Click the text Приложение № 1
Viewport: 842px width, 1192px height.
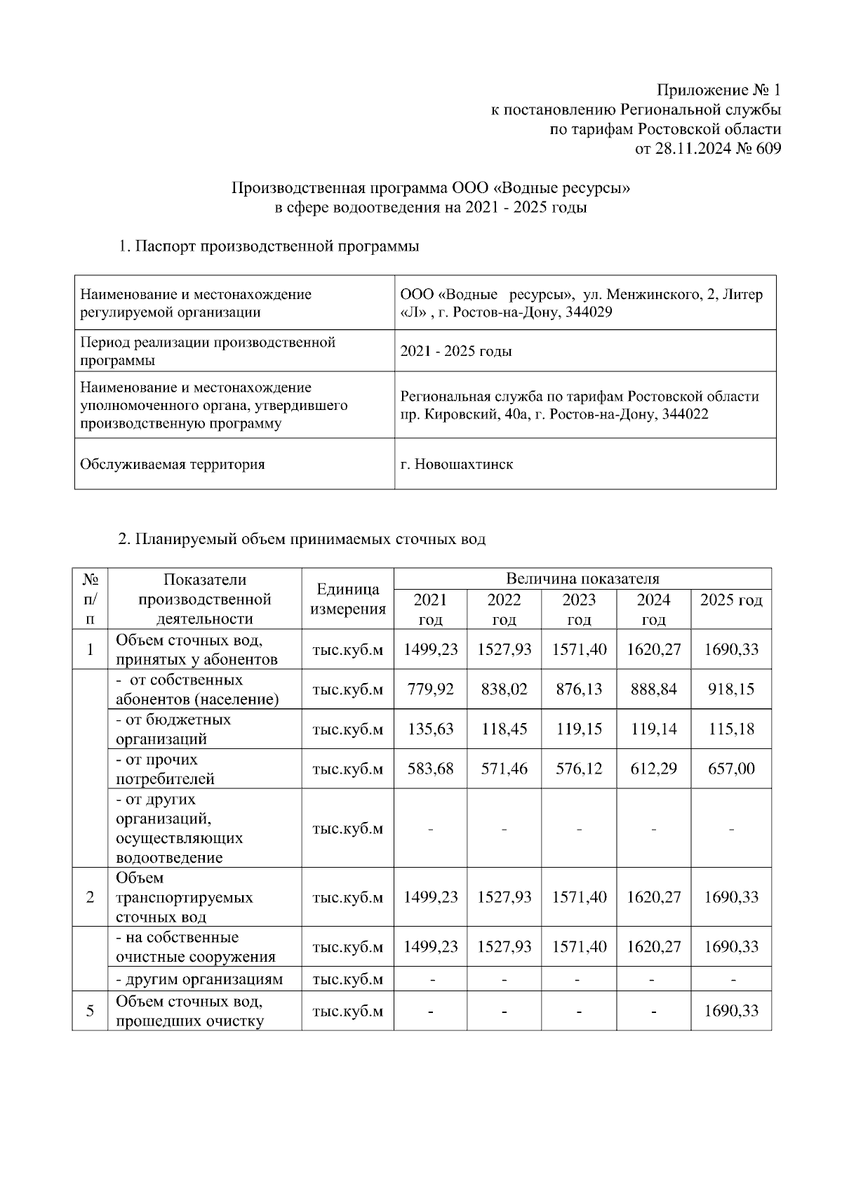718,91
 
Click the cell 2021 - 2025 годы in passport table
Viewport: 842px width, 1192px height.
455,351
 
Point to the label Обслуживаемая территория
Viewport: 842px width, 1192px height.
173,464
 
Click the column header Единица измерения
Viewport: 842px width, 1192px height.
348,599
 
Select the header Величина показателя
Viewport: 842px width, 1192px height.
582,578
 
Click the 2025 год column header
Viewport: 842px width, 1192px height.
730,600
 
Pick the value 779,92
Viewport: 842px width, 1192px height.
430,689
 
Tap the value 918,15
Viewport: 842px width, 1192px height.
730,689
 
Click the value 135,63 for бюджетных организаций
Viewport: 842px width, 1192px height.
430,729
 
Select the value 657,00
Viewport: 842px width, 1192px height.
730,769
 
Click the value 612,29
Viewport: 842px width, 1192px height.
653,769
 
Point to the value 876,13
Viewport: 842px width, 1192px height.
579,689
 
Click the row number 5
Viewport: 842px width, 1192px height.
90,1011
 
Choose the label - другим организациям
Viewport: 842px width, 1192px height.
199,979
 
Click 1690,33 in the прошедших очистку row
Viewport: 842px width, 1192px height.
730,1011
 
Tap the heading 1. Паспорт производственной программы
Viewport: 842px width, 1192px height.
269,246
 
